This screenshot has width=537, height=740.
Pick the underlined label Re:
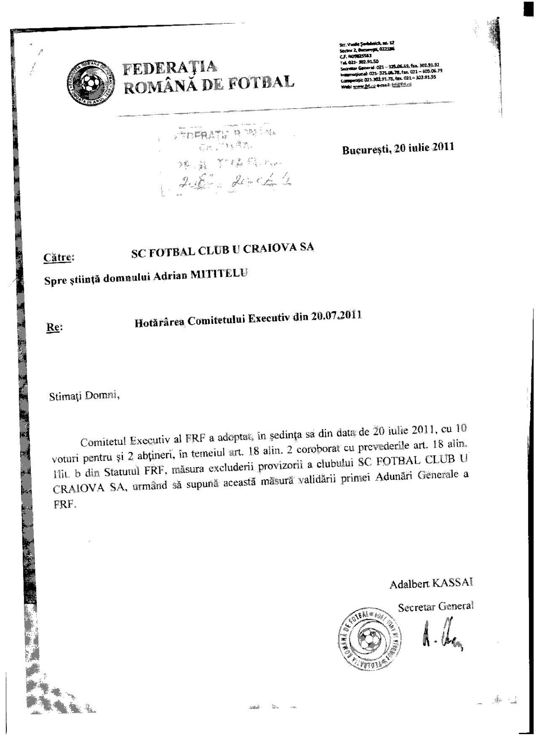point(54,327)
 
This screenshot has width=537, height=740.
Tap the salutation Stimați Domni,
point(85,396)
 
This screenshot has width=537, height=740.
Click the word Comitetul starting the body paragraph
point(102,442)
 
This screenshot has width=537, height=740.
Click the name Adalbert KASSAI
point(431,584)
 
